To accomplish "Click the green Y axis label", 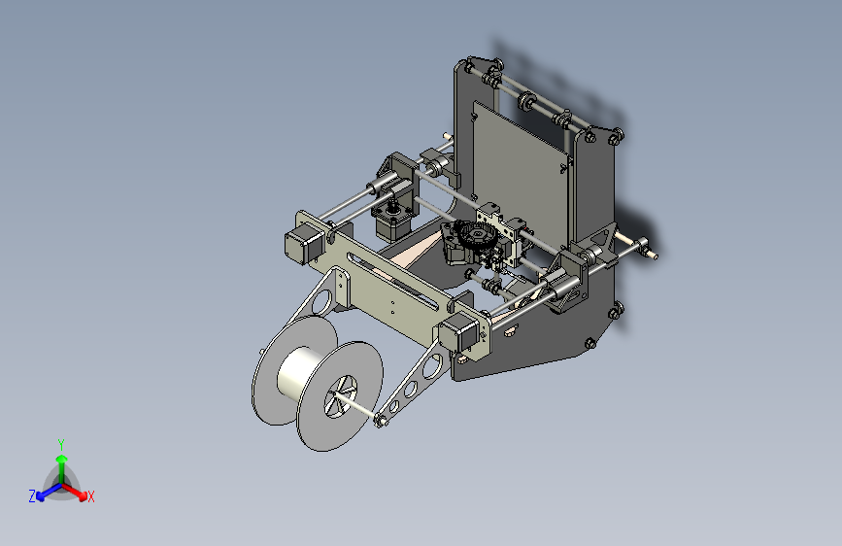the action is tap(61, 445).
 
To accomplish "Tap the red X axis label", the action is tap(90, 496).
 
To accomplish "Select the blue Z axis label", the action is tap(32, 496).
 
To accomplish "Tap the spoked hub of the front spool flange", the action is tap(340, 397).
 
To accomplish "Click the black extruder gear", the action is tap(474, 236).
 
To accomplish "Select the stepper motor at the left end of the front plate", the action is tap(304, 244).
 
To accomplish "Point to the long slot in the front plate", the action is tap(398, 282).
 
